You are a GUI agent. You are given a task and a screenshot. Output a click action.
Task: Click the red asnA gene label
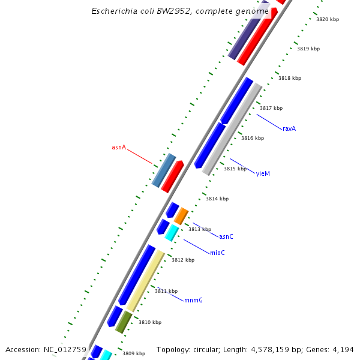(119, 147)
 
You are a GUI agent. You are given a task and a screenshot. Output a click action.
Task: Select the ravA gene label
(289, 128)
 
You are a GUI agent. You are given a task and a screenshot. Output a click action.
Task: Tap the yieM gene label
(263, 173)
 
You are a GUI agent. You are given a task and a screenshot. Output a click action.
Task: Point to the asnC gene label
(226, 236)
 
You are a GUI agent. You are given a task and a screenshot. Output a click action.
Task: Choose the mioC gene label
(217, 253)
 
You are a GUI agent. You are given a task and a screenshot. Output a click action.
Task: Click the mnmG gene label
(193, 300)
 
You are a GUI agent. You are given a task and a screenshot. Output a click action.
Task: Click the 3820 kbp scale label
(328, 19)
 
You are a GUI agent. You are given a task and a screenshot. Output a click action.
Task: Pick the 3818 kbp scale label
(290, 78)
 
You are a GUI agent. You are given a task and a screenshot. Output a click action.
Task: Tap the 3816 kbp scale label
(253, 138)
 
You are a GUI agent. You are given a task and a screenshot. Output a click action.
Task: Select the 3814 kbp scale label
(217, 199)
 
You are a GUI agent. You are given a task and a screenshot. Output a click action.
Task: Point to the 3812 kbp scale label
(183, 260)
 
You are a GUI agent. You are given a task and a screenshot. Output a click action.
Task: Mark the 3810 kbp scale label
(150, 322)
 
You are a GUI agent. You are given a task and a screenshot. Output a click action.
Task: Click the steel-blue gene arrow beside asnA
(163, 170)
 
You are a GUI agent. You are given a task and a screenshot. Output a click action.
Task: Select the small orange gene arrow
(181, 216)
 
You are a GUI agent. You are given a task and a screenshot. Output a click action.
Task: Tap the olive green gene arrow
(124, 322)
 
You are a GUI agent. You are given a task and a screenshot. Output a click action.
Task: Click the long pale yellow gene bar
(146, 281)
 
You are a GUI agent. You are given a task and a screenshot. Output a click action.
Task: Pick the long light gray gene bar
(232, 129)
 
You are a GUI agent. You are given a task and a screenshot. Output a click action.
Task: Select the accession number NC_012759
(64, 349)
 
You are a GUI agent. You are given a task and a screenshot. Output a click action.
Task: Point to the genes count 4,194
(341, 349)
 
